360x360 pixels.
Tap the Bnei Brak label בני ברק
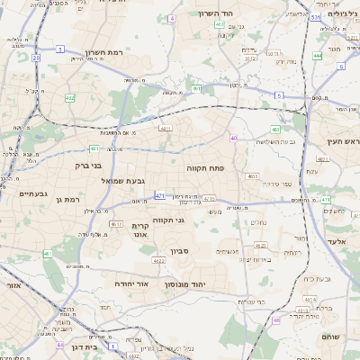(x=87, y=166)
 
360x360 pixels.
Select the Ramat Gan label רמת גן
(x=68, y=199)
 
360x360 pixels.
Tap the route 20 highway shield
(x=36, y=58)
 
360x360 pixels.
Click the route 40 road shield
(x=234, y=138)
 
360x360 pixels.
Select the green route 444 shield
(x=317, y=56)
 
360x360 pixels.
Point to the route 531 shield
(x=314, y=17)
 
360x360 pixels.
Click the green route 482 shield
(x=70, y=97)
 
